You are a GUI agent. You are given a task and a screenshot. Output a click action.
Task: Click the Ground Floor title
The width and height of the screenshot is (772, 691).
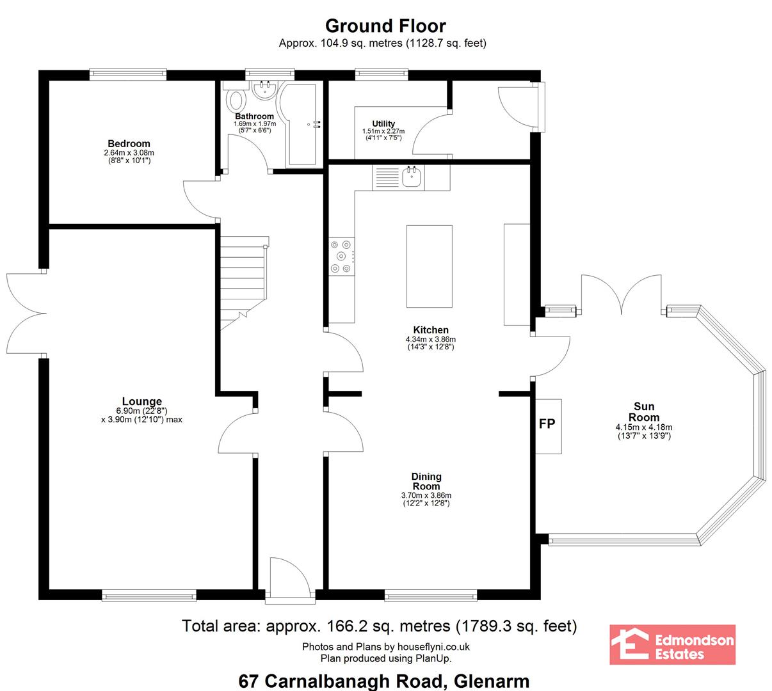(x=385, y=26)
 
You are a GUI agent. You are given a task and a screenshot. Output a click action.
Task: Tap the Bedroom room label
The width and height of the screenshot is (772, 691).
(x=129, y=143)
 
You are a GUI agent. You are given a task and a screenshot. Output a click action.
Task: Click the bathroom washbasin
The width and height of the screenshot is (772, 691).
(x=264, y=90)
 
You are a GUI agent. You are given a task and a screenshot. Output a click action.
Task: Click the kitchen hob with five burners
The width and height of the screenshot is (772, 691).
(x=342, y=257)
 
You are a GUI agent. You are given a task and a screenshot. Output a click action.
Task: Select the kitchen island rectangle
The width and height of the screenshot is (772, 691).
(x=429, y=266)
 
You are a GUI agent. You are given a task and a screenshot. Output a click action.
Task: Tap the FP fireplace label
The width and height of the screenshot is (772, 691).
(x=547, y=423)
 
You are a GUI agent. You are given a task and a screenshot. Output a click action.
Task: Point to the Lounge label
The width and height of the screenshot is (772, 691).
(x=141, y=401)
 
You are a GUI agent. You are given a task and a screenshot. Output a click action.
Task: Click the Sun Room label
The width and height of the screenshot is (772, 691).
(x=644, y=412)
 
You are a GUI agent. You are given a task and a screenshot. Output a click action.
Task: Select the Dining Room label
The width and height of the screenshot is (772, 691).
(x=426, y=481)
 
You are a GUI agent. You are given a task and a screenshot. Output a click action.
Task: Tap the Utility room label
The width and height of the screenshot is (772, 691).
(x=383, y=123)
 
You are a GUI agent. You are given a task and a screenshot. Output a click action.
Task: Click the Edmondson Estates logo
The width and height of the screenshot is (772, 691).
(x=673, y=644)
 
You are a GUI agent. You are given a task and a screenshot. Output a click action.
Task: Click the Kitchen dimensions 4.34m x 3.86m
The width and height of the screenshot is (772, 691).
(x=431, y=339)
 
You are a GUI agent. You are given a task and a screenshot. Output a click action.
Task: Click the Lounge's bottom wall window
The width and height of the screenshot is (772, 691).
(x=149, y=596)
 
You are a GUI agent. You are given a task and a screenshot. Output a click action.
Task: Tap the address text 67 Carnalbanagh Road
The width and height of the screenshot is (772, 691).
(x=341, y=681)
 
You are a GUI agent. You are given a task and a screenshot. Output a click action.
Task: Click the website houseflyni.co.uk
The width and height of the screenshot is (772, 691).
(x=433, y=646)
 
